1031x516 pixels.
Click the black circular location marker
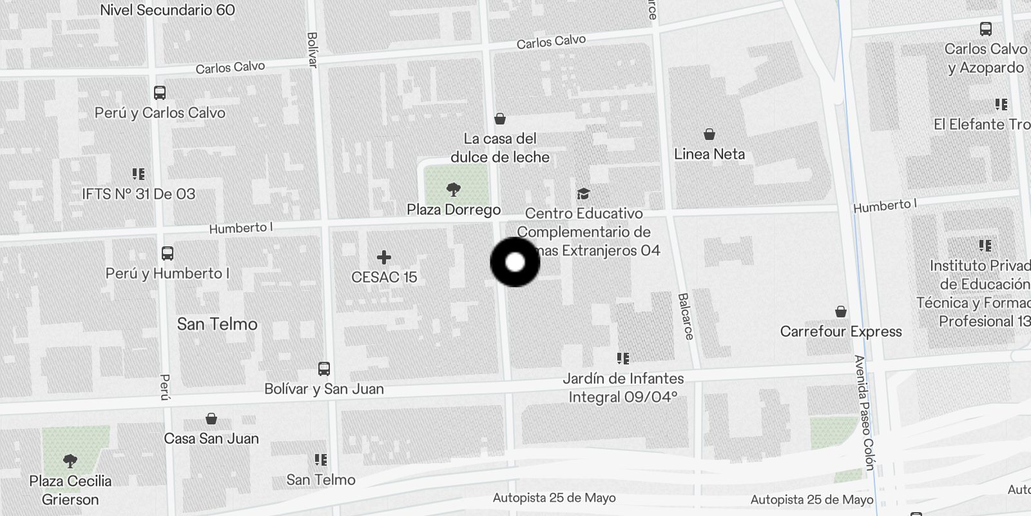515,262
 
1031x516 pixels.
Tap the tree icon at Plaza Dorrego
453,189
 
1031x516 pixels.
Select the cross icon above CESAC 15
384,257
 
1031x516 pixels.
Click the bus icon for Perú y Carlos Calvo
160,93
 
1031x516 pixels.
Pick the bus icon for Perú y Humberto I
168,253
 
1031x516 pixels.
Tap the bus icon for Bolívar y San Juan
324,369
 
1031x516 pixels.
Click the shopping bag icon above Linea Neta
709,134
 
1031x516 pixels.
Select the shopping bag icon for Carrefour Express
841,312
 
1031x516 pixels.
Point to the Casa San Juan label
211,439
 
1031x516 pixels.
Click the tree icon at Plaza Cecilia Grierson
70,461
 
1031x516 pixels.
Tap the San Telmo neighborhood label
217,324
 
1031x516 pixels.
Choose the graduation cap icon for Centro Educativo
583,193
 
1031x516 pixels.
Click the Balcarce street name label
685,316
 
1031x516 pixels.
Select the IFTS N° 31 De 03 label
139,194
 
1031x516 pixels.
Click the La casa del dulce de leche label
500,148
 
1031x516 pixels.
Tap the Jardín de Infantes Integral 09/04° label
623,388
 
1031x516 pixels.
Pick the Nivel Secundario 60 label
168,10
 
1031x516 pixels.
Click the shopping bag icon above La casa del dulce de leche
499,119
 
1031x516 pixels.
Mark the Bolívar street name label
313,50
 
